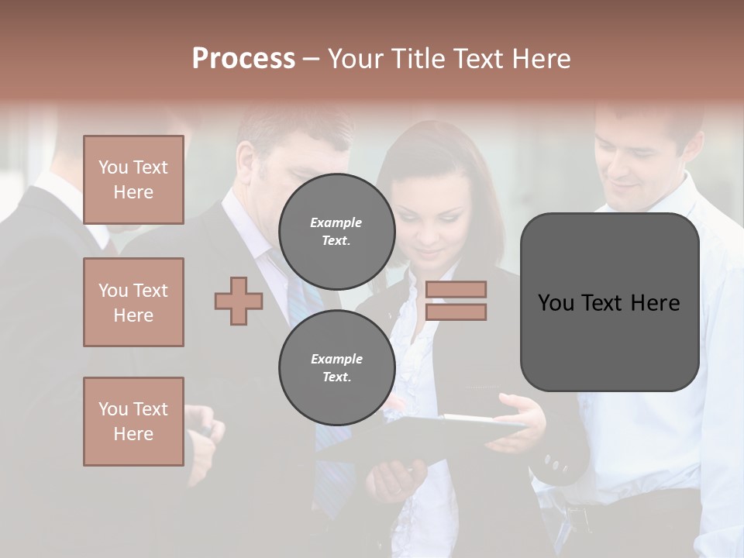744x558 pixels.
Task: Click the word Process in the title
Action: pos(243,59)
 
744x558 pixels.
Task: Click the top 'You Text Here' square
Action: pos(133,180)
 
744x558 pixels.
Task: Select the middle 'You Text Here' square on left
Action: pos(133,302)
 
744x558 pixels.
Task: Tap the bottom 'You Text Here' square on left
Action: pos(133,421)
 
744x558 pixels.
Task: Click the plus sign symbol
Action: pos(238,301)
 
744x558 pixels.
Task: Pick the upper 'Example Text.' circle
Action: pos(336,231)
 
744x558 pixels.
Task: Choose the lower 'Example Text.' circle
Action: pos(336,367)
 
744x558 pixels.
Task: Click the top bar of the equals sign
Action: pos(456,289)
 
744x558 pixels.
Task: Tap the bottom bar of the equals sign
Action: pos(456,312)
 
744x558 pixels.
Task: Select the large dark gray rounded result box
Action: pos(609,341)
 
